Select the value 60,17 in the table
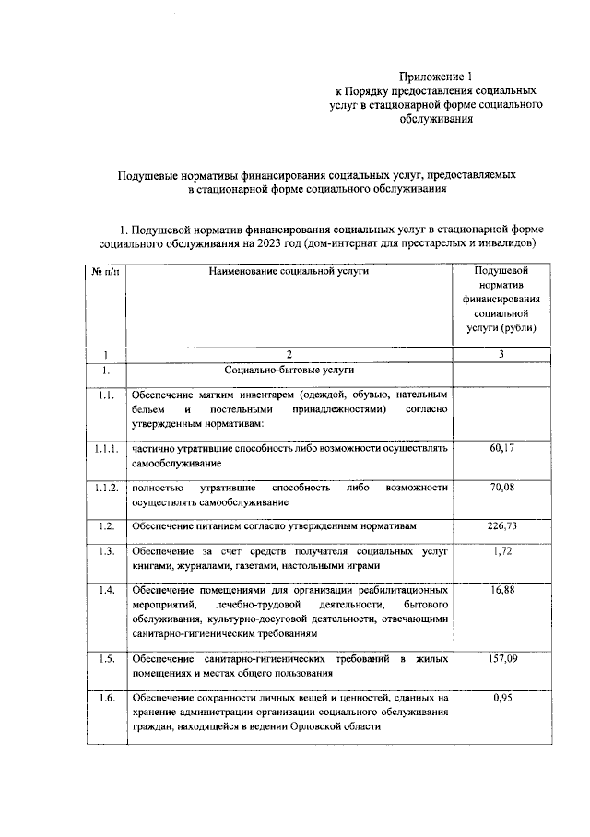(501, 448)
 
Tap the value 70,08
(501, 487)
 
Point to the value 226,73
(501, 525)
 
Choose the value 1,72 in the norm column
(501, 551)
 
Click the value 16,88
(501, 589)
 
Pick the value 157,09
(501, 660)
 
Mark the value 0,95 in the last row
(501, 698)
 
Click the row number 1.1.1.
(106, 448)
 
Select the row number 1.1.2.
(106, 487)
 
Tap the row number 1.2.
(106, 525)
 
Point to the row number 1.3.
(106, 551)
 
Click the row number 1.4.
(106, 589)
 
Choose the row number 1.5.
(106, 660)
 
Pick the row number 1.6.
(106, 698)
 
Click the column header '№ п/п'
(106, 272)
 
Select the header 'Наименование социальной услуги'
(288, 272)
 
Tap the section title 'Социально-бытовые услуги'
(288, 371)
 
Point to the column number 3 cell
(501, 354)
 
